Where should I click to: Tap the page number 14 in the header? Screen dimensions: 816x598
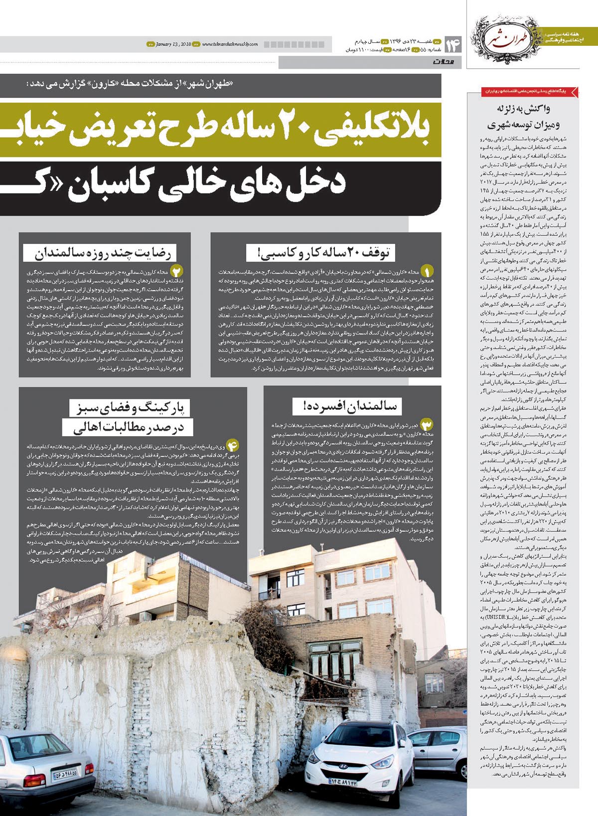(453, 45)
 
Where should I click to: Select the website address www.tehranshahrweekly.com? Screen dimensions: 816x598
(230, 44)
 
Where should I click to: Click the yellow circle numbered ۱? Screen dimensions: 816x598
(427, 271)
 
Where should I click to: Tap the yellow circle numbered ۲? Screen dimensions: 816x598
(177, 271)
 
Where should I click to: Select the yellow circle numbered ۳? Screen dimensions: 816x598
(427, 425)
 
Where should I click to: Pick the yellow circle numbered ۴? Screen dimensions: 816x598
(233, 445)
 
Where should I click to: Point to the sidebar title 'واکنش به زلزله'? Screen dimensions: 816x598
(523, 109)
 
